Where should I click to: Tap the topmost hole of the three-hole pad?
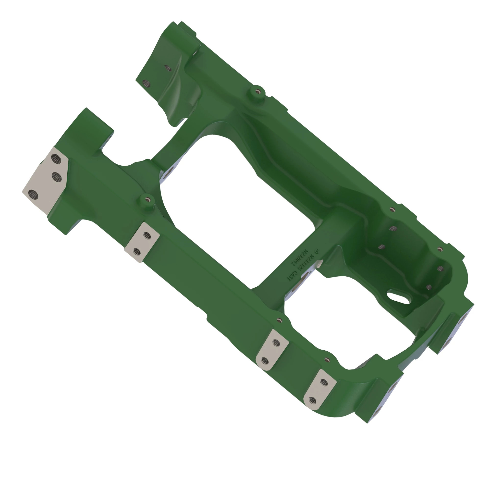[x=56, y=159]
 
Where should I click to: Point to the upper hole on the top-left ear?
[x=168, y=68]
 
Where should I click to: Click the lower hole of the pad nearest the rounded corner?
[x=313, y=400]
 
